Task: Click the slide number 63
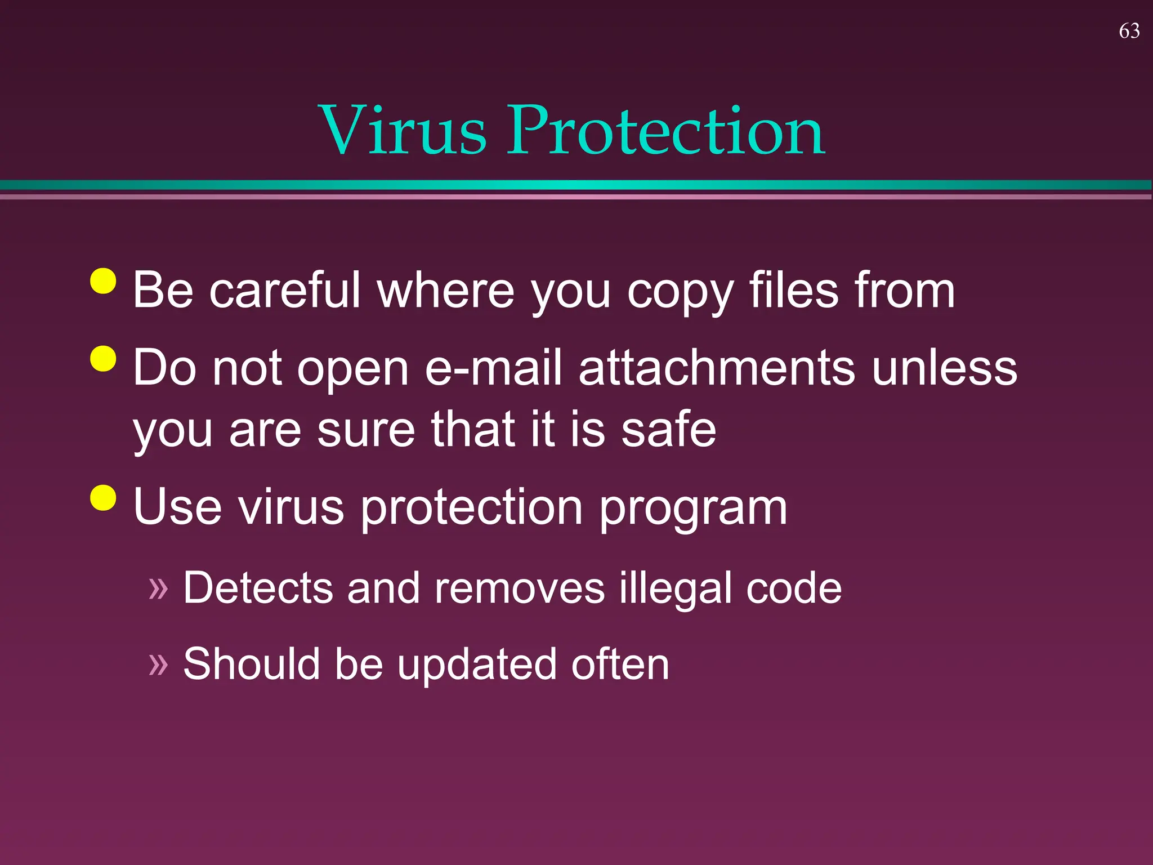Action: pyautogui.click(x=1129, y=31)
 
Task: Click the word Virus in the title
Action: pyautogui.click(x=402, y=131)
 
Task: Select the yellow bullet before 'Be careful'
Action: pyautogui.click(x=103, y=280)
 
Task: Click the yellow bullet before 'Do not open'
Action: pyautogui.click(x=103, y=358)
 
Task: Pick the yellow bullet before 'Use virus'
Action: pyautogui.click(x=103, y=497)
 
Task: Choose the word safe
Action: pyautogui.click(x=668, y=430)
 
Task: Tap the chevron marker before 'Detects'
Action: pyautogui.click(x=158, y=588)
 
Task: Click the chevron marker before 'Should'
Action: pyautogui.click(x=158, y=665)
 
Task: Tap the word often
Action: pyautogui.click(x=620, y=665)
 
